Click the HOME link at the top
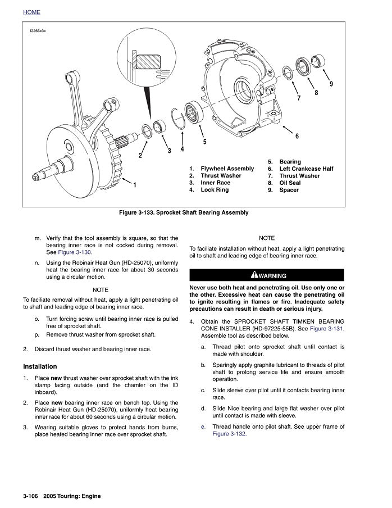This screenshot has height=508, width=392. click(x=31, y=12)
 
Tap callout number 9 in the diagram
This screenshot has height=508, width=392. click(x=331, y=84)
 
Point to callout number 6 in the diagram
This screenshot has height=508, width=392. click(x=297, y=137)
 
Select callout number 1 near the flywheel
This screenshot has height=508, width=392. click(x=135, y=185)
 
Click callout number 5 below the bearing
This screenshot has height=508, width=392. click(x=204, y=142)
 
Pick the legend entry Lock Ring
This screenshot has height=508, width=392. click(x=215, y=190)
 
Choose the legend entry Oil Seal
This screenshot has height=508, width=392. click(x=290, y=183)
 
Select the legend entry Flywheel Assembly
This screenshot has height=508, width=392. click(x=227, y=169)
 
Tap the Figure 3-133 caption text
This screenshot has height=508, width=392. click(x=183, y=213)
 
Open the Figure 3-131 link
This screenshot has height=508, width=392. click(x=327, y=328)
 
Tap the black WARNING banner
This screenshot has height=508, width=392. click(x=266, y=275)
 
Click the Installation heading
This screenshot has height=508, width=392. click(x=42, y=366)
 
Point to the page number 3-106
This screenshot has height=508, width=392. click(x=33, y=496)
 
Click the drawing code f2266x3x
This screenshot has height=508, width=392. click(x=37, y=31)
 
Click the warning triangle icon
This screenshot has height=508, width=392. click(x=254, y=275)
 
